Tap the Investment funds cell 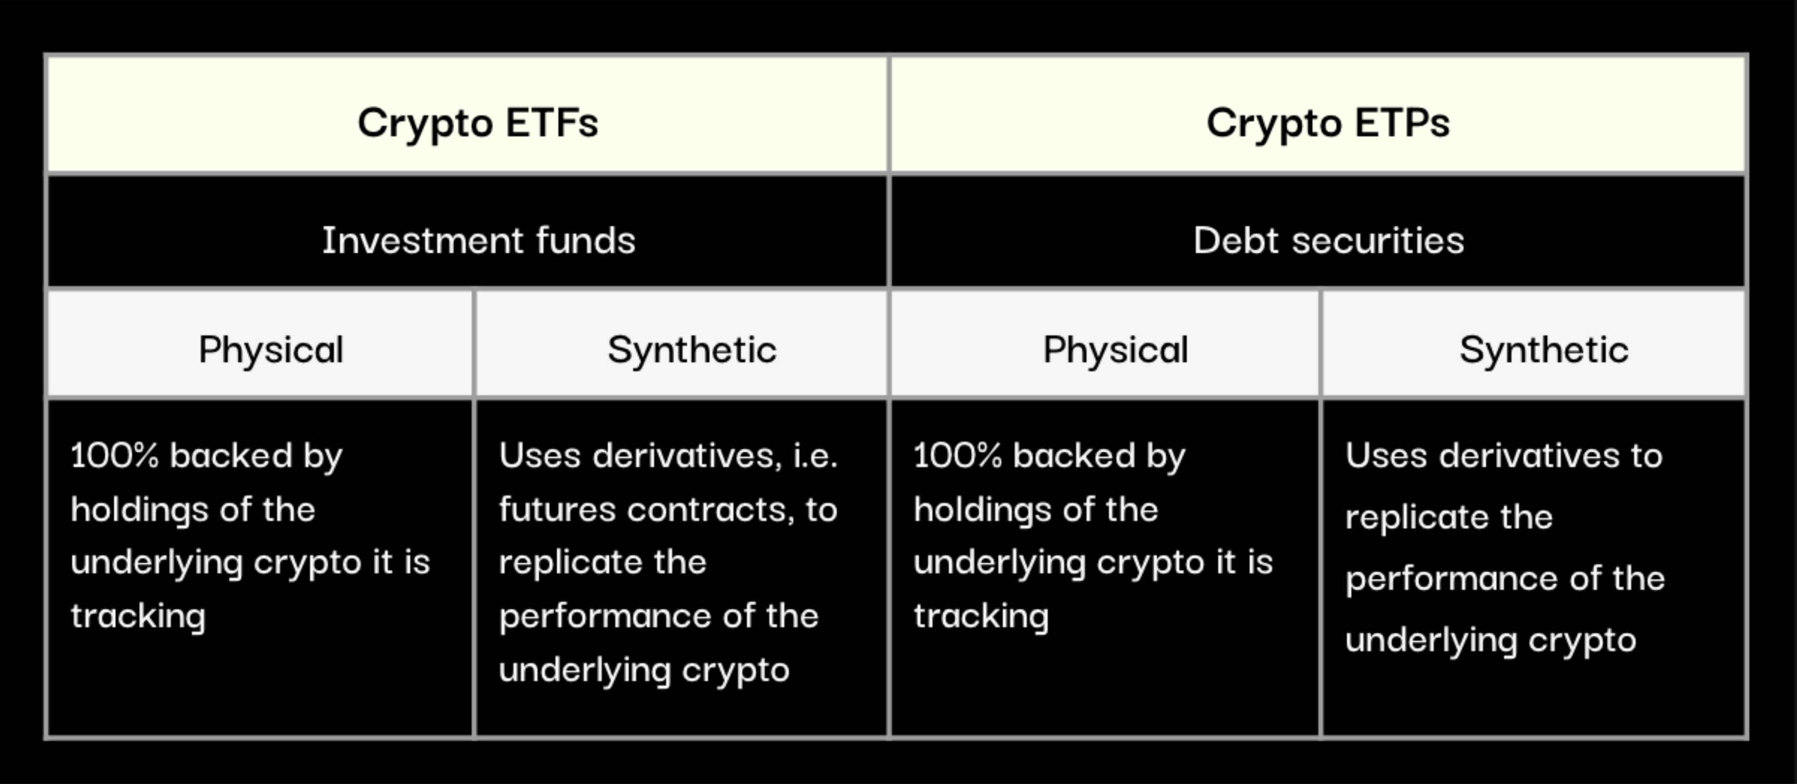[467, 231]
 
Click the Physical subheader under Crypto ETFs [259, 343]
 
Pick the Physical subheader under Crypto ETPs [1106, 343]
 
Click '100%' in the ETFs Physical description [115, 456]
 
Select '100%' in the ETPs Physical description [957, 456]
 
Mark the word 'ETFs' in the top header [552, 123]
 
